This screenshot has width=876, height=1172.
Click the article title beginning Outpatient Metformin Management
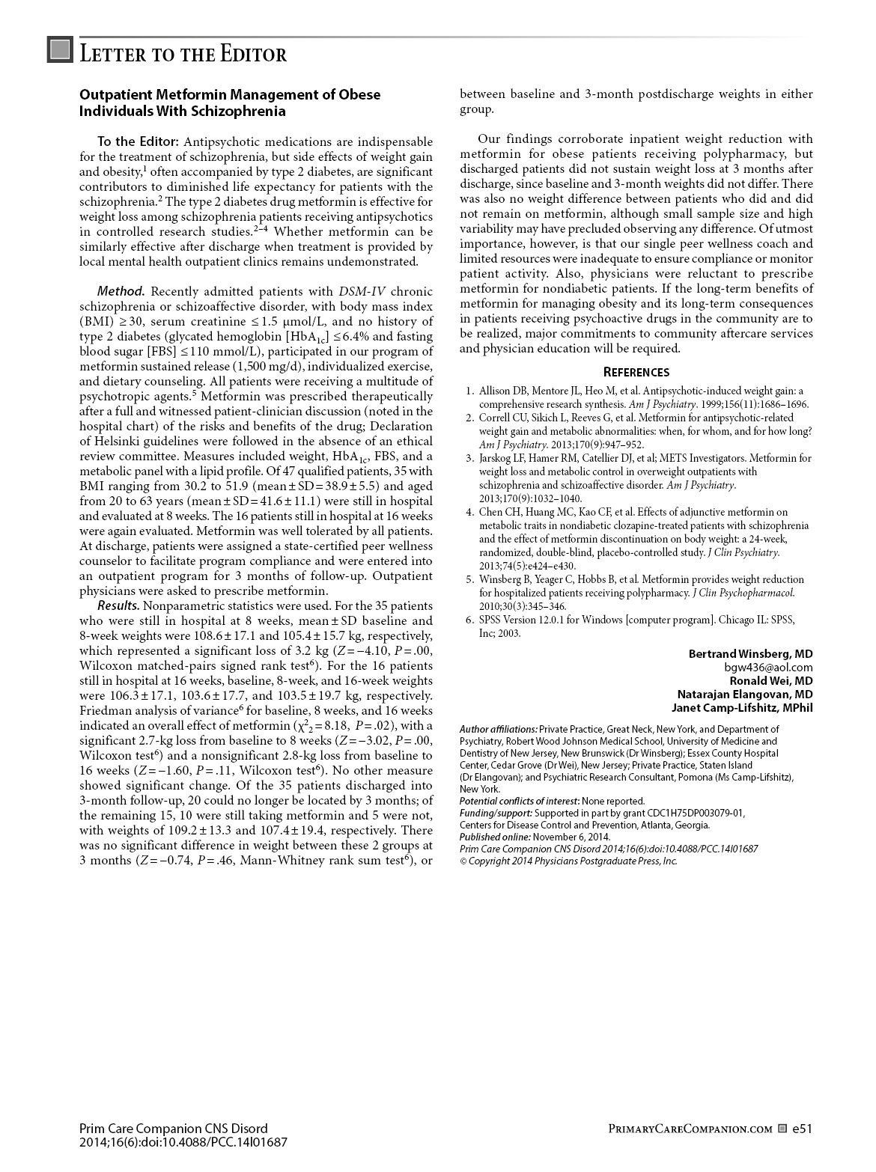point(230,103)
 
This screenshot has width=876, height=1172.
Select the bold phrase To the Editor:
point(139,141)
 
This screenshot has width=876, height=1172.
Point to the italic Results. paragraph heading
point(118,605)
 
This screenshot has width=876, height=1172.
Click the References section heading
point(636,373)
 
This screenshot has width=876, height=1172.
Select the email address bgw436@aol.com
point(768,667)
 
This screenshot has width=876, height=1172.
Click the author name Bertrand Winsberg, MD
point(750,653)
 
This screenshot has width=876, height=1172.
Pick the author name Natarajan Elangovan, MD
point(745,694)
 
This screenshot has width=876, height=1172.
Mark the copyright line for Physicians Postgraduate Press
point(568,861)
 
